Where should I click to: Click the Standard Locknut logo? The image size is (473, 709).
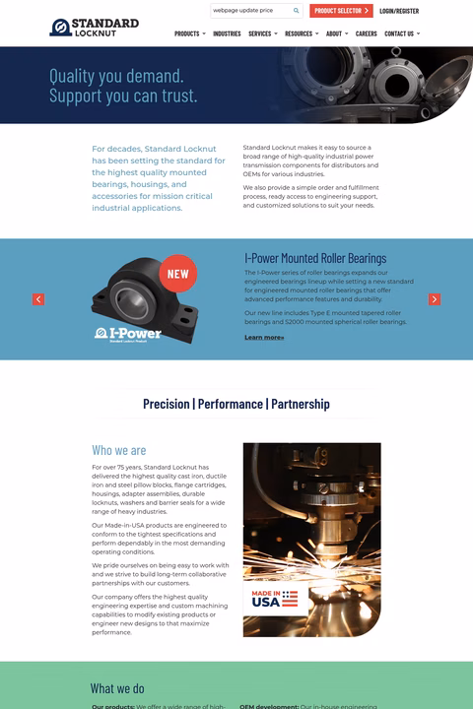95,27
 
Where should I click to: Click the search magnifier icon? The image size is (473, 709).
296,11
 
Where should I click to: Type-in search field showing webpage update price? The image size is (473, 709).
248,11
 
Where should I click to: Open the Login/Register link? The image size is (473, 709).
399,11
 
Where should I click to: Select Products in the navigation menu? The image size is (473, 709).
189,33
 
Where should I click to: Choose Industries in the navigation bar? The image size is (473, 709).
227,33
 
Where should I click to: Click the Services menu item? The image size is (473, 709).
262,33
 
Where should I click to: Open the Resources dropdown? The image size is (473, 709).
301,33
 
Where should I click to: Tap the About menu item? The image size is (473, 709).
336,33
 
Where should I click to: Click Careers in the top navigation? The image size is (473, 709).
366,33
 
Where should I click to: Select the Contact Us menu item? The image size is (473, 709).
401,33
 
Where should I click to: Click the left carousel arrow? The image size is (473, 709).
38,299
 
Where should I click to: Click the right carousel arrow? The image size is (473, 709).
435,299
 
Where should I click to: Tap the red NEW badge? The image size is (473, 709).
177,274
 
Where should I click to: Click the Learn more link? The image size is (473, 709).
264,338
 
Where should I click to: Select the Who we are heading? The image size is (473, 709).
118,450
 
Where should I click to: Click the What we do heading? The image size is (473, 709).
117,688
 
